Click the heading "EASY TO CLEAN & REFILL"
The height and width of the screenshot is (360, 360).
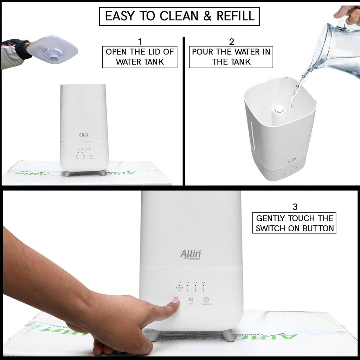(x=179, y=17)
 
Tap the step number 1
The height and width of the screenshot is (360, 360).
(x=140, y=42)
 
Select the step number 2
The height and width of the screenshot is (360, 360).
(x=231, y=42)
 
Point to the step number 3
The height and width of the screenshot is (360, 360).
(x=295, y=206)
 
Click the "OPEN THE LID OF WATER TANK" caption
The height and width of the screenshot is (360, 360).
(x=140, y=57)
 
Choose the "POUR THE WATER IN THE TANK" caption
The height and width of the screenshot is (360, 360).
(x=231, y=57)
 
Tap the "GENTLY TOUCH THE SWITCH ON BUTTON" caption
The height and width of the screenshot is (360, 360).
(x=294, y=223)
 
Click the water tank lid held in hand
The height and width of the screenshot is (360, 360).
(x=53, y=50)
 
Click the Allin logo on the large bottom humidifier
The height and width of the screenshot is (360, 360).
(x=190, y=254)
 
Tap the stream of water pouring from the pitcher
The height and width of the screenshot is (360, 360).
(x=299, y=84)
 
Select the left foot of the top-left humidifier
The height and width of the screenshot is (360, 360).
(x=67, y=173)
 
